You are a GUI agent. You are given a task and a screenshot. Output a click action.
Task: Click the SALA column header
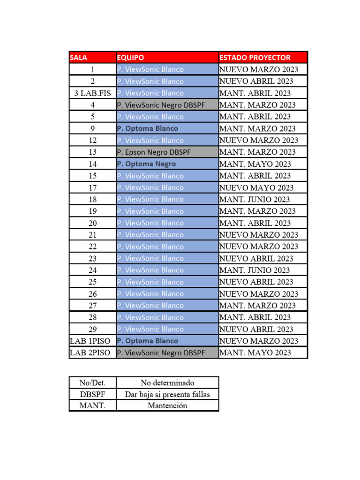[92, 58]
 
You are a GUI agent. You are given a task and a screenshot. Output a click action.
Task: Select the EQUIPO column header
[167, 58]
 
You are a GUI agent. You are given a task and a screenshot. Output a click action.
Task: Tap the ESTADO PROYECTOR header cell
[262, 58]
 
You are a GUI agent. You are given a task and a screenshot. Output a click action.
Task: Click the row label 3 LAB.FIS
[92, 93]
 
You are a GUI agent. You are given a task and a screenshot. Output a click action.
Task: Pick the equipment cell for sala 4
[167, 105]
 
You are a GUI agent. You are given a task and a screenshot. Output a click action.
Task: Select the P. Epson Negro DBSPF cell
[167, 152]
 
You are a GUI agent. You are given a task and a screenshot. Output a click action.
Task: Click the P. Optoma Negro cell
[167, 164]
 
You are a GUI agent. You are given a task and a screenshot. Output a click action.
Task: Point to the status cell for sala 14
[262, 164]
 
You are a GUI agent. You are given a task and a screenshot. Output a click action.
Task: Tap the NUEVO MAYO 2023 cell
[262, 187]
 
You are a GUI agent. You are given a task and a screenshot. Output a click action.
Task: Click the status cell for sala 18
[262, 199]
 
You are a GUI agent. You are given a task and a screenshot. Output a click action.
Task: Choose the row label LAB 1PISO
[92, 341]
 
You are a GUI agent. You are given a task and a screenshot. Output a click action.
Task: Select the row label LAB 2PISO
[92, 352]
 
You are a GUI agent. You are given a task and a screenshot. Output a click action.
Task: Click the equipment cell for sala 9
[167, 128]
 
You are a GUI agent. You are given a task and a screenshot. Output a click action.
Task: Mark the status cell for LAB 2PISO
[262, 352]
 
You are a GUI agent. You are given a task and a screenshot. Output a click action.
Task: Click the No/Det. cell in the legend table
[92, 383]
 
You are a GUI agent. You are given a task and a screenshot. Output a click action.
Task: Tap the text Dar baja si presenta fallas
[167, 394]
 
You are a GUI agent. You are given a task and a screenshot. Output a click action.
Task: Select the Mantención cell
[167, 405]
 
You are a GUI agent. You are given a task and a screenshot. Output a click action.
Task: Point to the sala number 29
[92, 329]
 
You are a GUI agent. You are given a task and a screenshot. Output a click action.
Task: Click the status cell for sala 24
[262, 270]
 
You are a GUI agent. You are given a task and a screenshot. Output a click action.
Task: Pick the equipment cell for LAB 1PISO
[167, 341]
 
